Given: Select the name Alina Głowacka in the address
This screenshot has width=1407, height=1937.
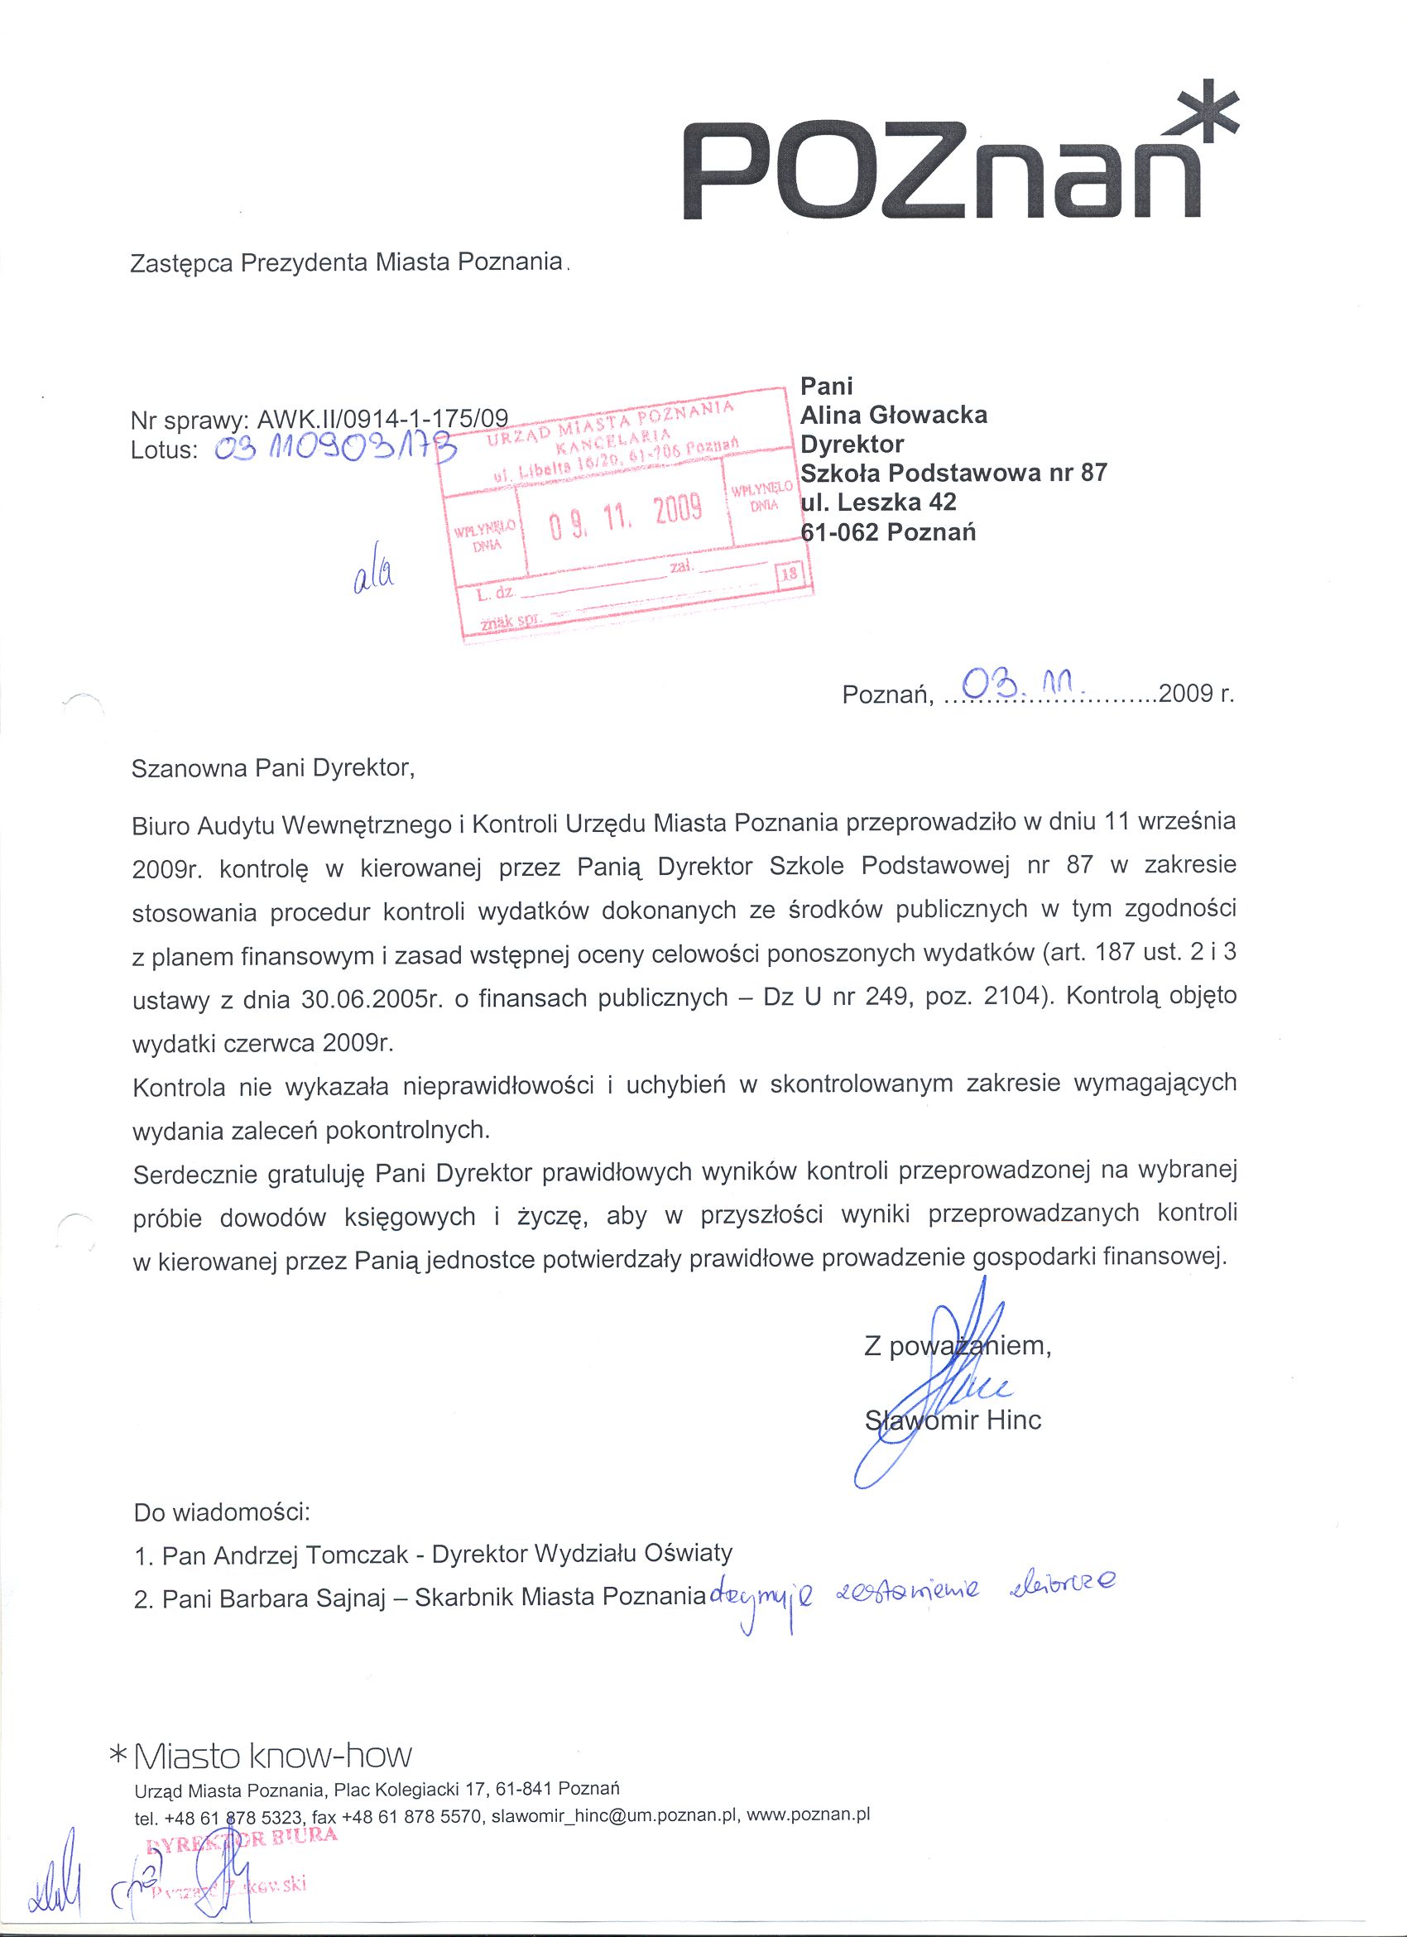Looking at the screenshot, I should pyautogui.click(x=893, y=415).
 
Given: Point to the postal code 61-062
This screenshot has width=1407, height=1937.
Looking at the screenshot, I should pyautogui.click(x=840, y=532).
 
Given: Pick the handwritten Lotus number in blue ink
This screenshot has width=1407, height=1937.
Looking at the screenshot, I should pyautogui.click(x=334, y=447).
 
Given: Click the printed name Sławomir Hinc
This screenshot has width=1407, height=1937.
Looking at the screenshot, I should pyautogui.click(x=953, y=1420).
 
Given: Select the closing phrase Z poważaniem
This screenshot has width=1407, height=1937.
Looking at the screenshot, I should pyautogui.click(x=956, y=1347).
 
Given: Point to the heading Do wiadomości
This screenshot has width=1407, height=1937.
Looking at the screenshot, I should pyautogui.click(x=222, y=1512).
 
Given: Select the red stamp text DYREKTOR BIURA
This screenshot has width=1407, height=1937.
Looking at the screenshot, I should pyautogui.click(x=243, y=1834).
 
